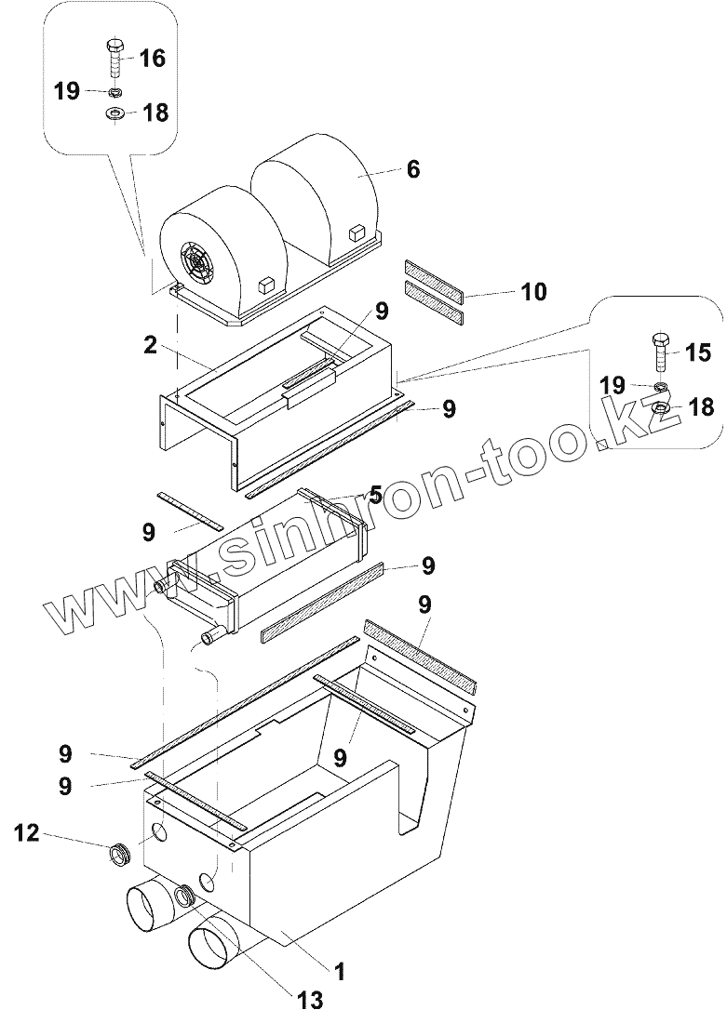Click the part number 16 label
tap(152, 59)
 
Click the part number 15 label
tap(697, 353)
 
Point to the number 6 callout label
tap(413, 169)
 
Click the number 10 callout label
tap(533, 293)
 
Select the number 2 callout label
tap(149, 346)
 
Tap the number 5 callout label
tap(375, 492)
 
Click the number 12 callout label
tap(27, 833)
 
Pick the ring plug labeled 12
tap(119, 851)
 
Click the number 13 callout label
tap(310, 1000)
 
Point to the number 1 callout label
tap(340, 972)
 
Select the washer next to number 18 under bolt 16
tap(115, 113)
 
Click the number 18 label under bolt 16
tap(155, 113)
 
